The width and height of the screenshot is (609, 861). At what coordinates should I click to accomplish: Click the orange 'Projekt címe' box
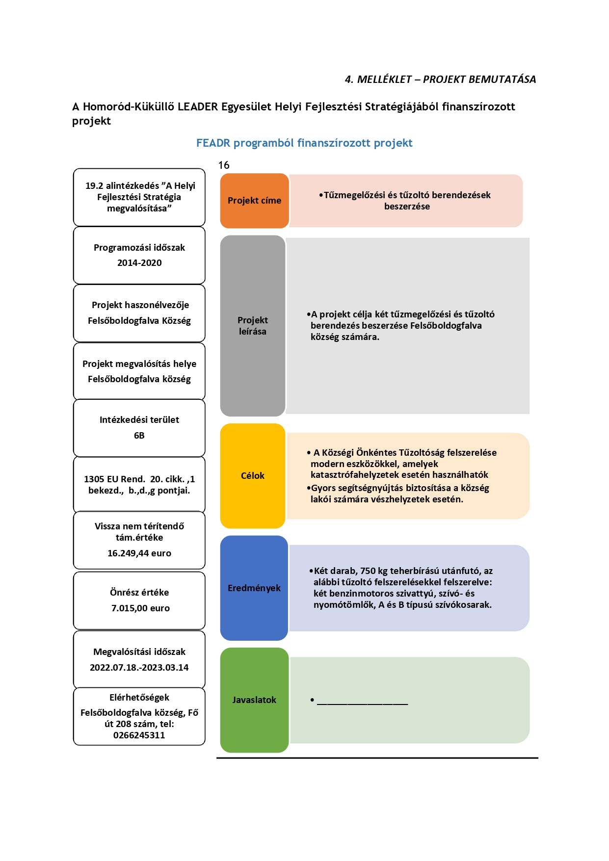254,201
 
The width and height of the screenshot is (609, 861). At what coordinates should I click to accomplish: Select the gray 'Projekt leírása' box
253,326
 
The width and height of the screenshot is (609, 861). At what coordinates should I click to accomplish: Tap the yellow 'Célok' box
253,476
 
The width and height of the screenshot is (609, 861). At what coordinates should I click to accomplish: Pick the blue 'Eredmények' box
254,588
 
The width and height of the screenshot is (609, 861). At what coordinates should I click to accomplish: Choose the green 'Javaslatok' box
254,700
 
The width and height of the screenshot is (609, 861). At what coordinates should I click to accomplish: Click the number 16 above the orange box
224,165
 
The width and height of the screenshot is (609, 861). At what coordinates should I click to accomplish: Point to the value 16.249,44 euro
139,553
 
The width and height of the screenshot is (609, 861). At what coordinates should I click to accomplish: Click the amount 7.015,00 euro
140,608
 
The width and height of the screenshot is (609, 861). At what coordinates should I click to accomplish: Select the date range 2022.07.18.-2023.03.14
139,668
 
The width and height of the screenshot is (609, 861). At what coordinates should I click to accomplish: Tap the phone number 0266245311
139,735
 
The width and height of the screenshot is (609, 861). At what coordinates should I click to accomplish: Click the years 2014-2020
139,263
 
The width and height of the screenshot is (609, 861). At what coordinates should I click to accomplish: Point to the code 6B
139,436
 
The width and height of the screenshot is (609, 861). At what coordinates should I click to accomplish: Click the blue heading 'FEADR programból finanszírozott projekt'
304,143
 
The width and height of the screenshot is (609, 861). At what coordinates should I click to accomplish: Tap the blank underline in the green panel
363,704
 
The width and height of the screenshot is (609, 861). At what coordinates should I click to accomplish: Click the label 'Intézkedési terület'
139,420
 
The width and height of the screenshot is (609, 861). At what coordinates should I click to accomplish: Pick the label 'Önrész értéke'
139,593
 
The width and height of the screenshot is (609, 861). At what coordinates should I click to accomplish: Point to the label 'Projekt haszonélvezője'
140,305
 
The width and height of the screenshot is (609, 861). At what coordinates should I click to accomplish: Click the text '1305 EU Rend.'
114,479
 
